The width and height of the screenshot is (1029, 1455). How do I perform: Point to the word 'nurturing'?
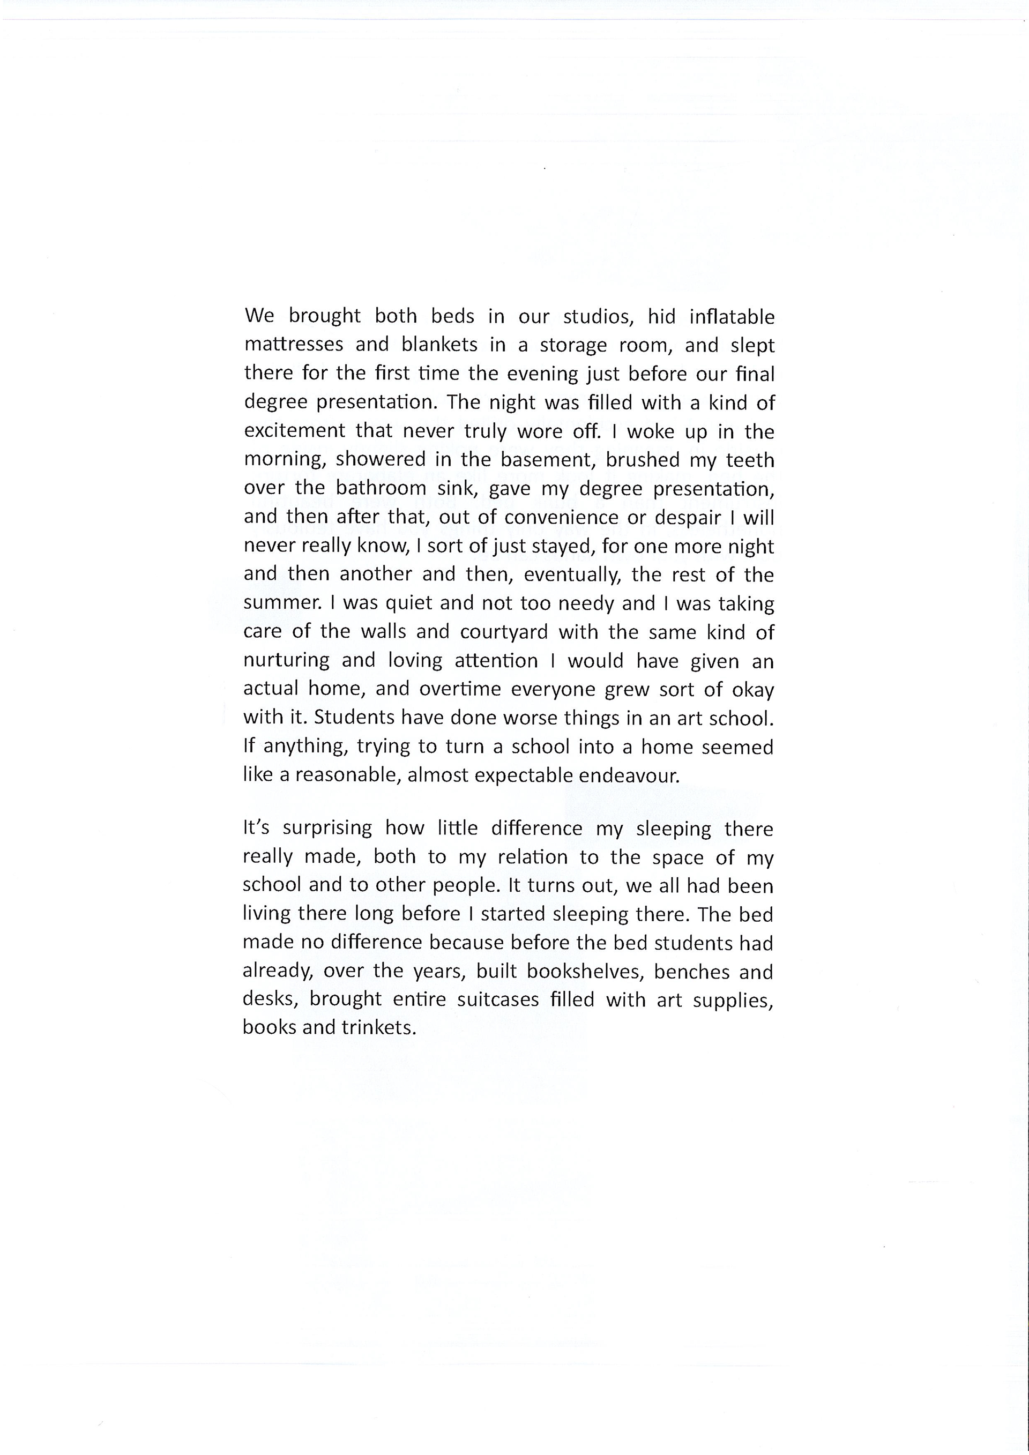[286, 661]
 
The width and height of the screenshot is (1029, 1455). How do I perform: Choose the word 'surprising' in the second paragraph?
[327, 829]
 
